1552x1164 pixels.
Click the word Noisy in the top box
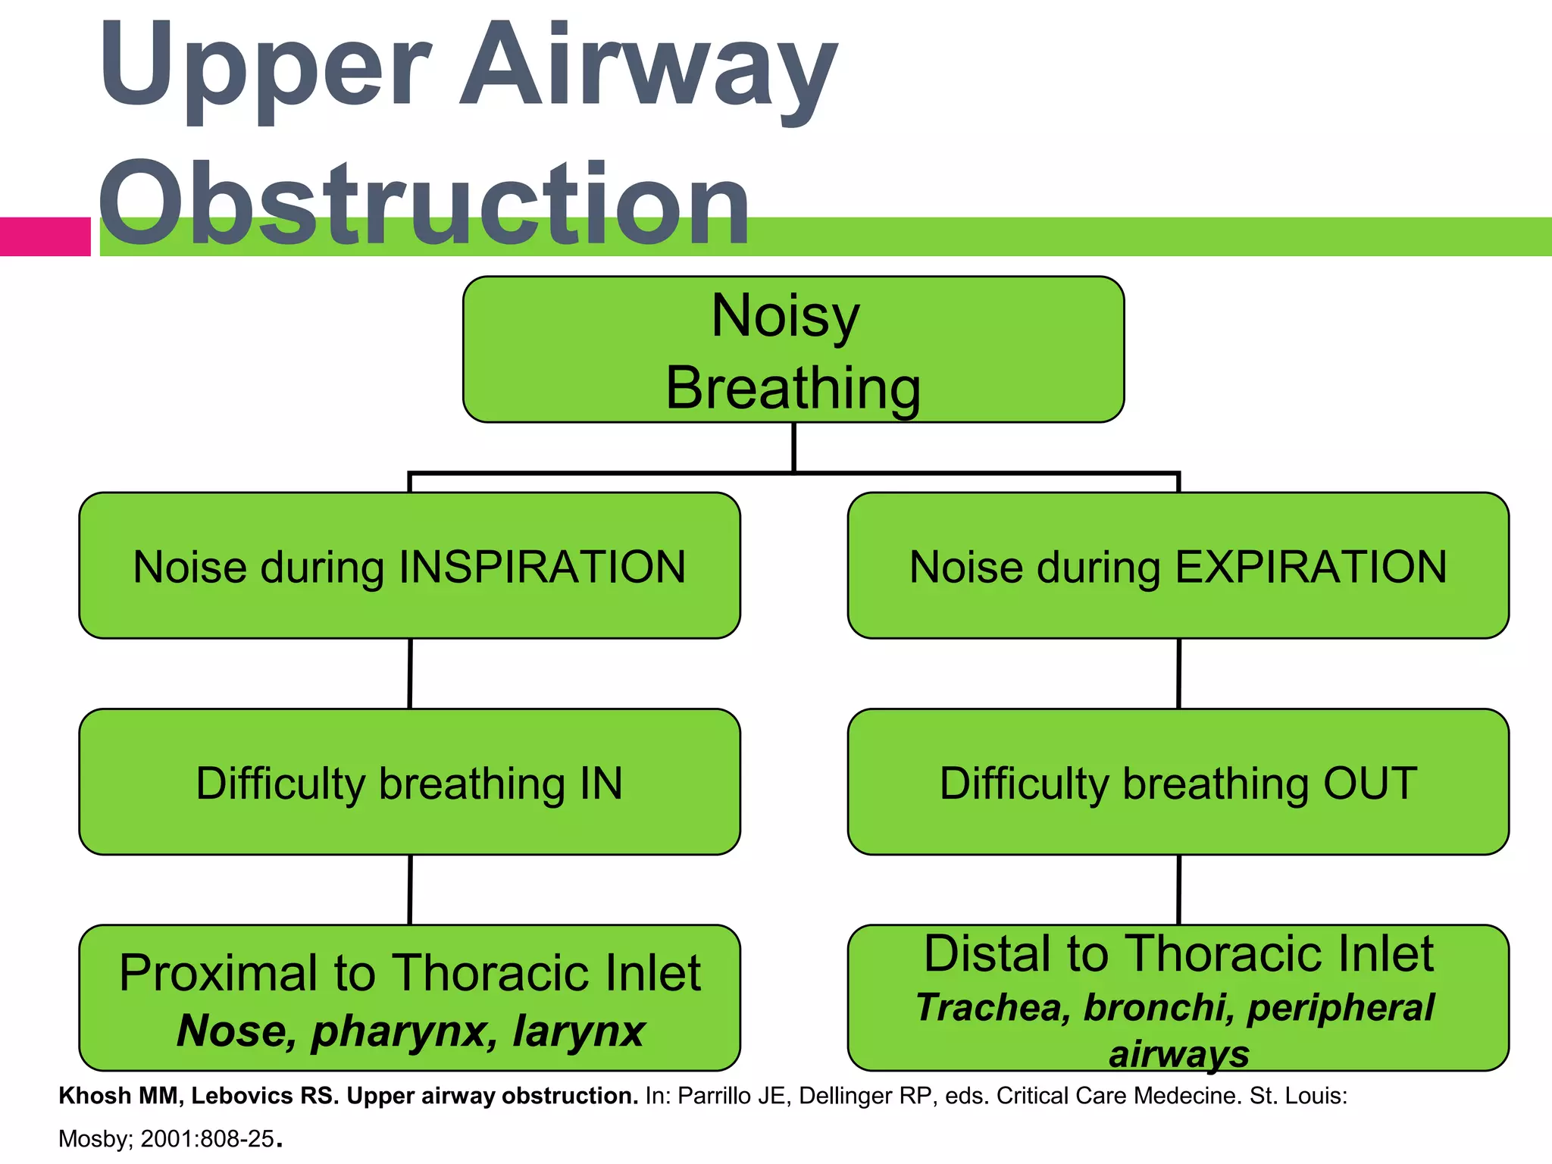pyautogui.click(x=785, y=316)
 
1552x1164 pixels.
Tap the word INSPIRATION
pyautogui.click(x=542, y=567)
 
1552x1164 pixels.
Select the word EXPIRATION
pyautogui.click(x=1310, y=567)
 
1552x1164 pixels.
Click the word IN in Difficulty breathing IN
pyautogui.click(x=601, y=784)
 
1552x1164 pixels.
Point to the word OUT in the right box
pyautogui.click(x=1369, y=784)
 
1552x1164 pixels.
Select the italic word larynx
pyautogui.click(x=578, y=1031)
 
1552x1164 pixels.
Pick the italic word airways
pyautogui.click(x=1178, y=1054)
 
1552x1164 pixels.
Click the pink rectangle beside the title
pyautogui.click(x=45, y=236)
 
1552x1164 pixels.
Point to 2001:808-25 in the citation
pyautogui.click(x=207, y=1139)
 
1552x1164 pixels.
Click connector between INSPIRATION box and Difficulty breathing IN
pyautogui.click(x=410, y=674)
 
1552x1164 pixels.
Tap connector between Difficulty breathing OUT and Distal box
pyautogui.click(x=1178, y=890)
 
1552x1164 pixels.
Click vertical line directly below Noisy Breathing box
pyautogui.click(x=793, y=447)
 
